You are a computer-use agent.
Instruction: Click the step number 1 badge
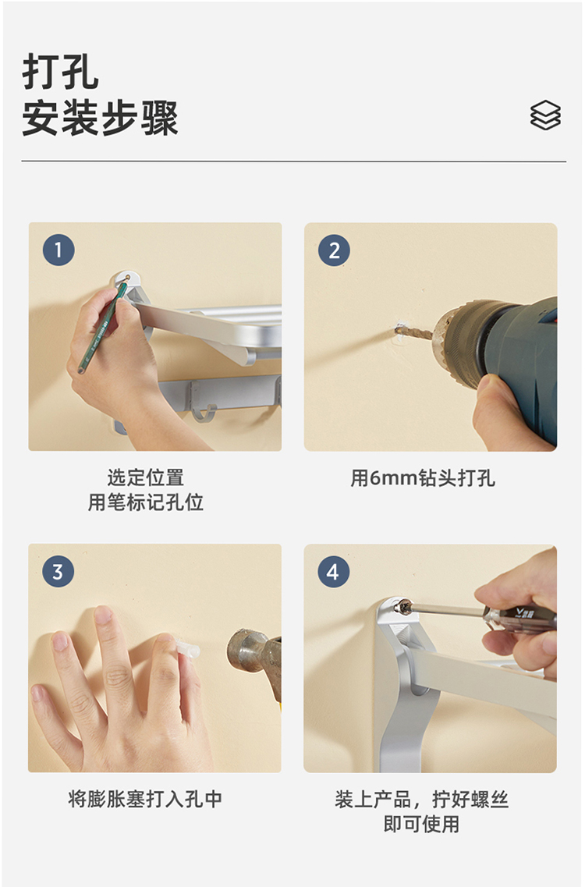[58, 250]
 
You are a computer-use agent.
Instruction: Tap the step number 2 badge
[334, 250]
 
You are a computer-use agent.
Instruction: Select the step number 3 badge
[58, 571]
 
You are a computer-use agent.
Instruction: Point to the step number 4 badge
[333, 571]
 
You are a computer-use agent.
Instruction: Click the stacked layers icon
[545, 115]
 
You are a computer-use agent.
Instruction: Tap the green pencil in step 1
[102, 327]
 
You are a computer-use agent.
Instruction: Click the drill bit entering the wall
[414, 332]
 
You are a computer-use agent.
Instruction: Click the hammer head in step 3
[249, 651]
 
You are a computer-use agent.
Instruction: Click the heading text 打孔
[61, 72]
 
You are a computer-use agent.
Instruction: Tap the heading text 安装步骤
[100, 118]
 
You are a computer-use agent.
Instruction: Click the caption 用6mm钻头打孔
[423, 478]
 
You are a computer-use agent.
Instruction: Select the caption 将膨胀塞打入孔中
[145, 799]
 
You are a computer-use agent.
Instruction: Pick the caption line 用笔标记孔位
[145, 502]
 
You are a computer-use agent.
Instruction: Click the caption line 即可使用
[421, 824]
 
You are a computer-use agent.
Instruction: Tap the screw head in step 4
[403, 607]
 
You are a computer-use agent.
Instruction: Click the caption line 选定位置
[145, 477]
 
